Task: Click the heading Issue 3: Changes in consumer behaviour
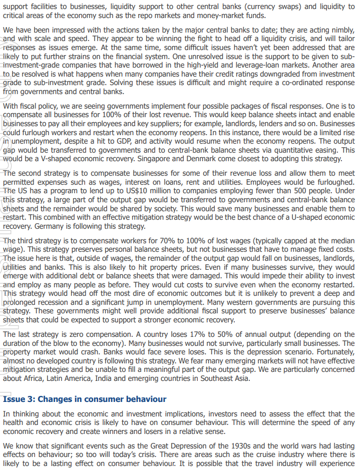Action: pyautogui.click(x=84, y=399)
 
